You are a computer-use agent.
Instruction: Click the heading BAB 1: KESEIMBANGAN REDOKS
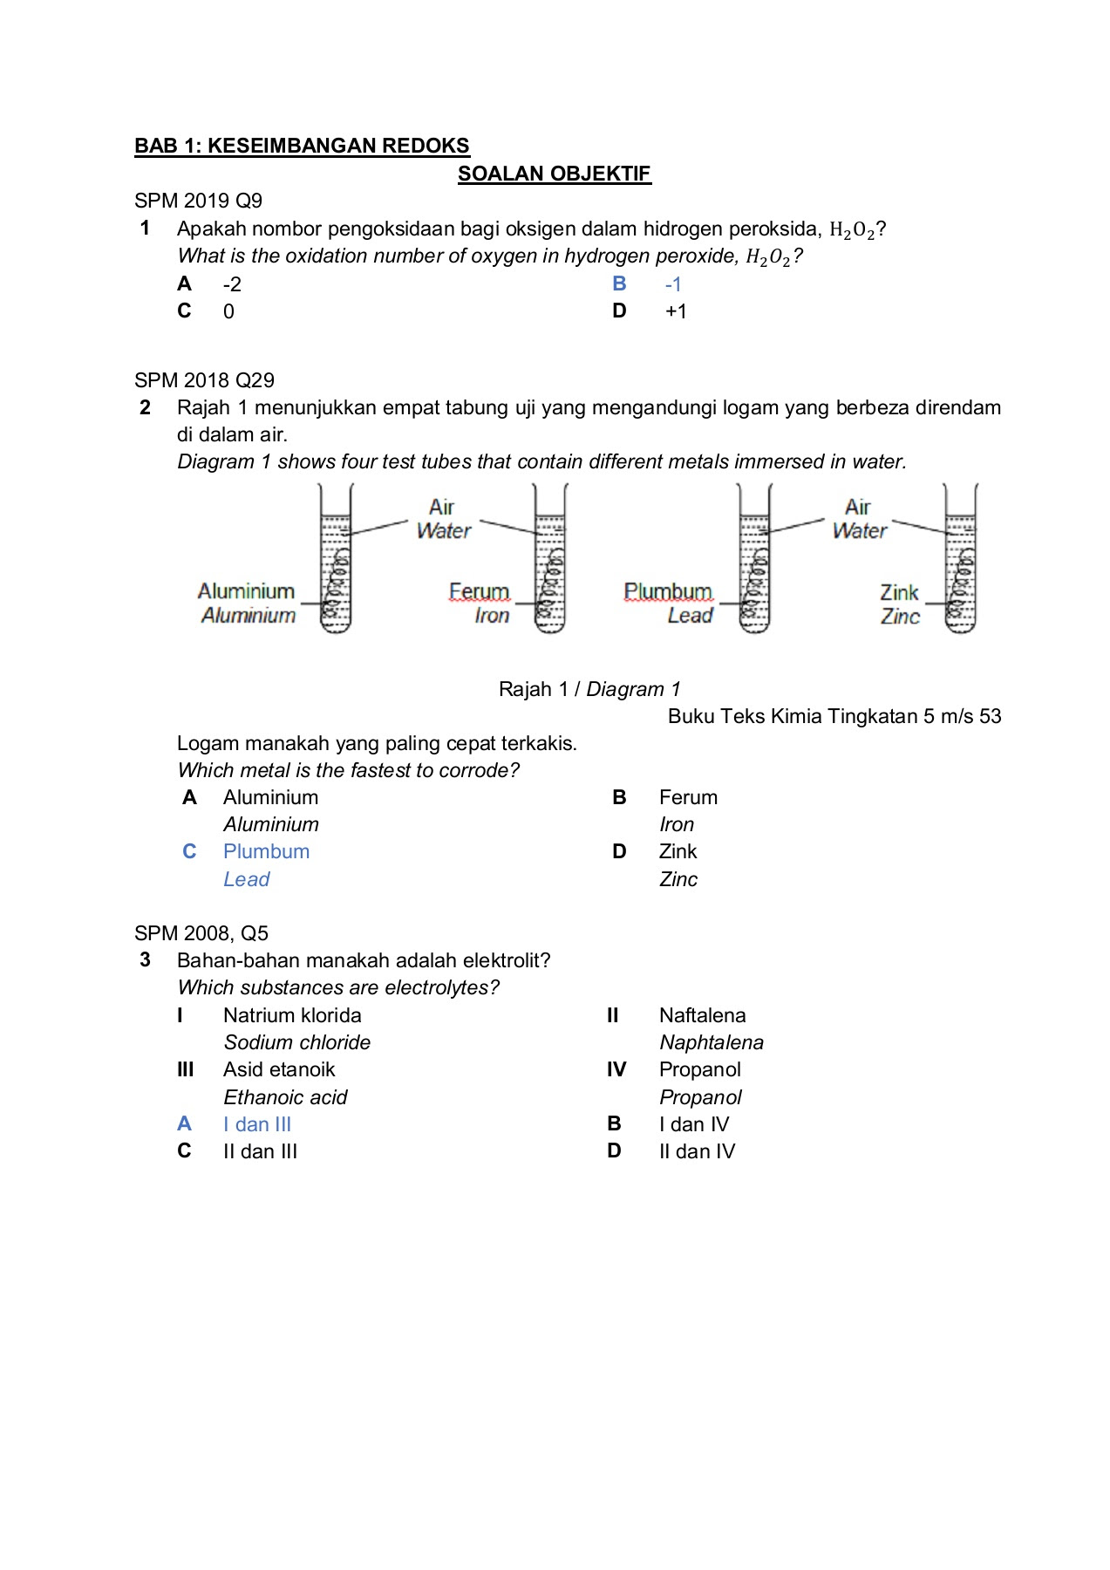click(x=302, y=146)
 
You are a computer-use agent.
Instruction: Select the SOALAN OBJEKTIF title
click(x=554, y=174)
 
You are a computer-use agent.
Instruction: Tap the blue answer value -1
click(x=673, y=284)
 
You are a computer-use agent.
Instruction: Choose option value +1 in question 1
click(x=676, y=311)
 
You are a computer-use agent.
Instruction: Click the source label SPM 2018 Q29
click(x=204, y=380)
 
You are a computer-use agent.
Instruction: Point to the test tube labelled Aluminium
click(x=336, y=563)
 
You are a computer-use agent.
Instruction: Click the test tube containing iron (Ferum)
click(x=550, y=563)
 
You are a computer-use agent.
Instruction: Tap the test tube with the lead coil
click(x=754, y=563)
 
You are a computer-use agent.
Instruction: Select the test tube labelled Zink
click(x=960, y=563)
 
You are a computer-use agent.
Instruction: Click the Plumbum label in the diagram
click(x=668, y=591)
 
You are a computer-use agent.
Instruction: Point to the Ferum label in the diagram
click(x=479, y=591)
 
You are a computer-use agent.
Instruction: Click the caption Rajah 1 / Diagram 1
click(x=589, y=689)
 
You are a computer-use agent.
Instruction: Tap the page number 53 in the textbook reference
click(x=990, y=716)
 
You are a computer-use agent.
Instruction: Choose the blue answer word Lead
click(x=247, y=879)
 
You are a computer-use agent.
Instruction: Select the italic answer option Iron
click(x=677, y=824)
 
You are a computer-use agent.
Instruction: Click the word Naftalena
click(x=702, y=1015)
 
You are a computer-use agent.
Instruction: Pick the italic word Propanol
click(x=700, y=1097)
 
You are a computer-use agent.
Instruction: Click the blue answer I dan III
click(x=257, y=1124)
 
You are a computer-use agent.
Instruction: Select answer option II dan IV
click(x=697, y=1151)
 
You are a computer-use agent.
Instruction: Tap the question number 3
click(x=146, y=960)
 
